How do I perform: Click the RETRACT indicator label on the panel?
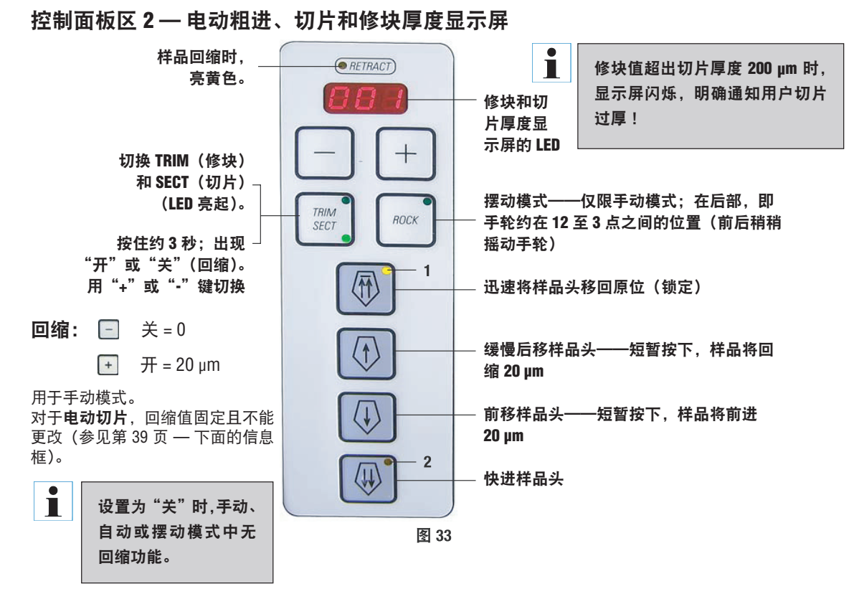coord(366,67)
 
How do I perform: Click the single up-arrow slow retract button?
coord(366,353)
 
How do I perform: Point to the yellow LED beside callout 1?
coord(387,271)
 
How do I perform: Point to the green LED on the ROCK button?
coord(427,201)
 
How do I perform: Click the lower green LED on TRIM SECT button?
coord(346,238)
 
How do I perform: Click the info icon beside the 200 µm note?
coord(551,63)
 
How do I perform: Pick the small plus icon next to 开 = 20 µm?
coord(105,364)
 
